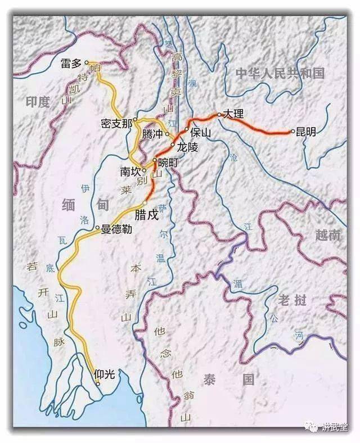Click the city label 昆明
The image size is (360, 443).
coord(306,132)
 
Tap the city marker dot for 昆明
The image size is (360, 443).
coord(292,132)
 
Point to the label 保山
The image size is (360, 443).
coord(200,133)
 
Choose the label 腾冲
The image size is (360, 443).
coord(152,134)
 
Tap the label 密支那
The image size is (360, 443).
coord(116,123)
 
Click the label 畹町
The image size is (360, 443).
coord(168,162)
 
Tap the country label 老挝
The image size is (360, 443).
coord(292,300)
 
